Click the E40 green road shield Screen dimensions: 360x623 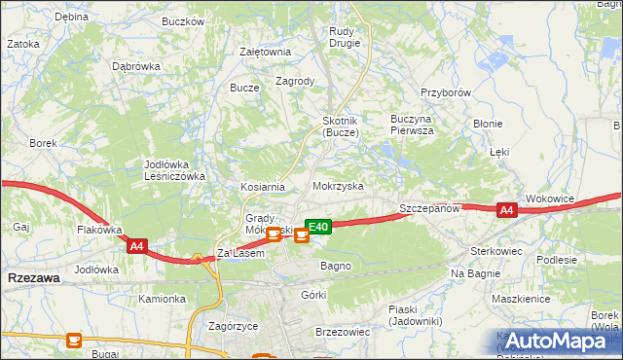(319, 226)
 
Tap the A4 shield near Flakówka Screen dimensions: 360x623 (136, 247)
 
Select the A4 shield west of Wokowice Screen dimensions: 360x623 (505, 209)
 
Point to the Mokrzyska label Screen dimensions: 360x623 (338, 185)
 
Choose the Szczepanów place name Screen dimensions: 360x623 (429, 208)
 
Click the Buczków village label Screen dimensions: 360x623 (183, 20)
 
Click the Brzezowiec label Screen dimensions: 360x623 (343, 332)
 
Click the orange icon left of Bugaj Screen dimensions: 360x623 (74, 340)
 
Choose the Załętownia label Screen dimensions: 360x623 (265, 53)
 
